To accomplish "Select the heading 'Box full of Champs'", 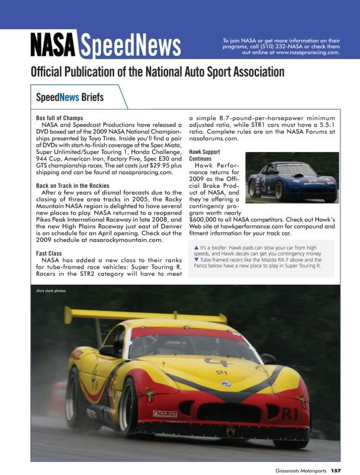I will point(59,118).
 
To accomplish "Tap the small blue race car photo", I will point(291,178).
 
